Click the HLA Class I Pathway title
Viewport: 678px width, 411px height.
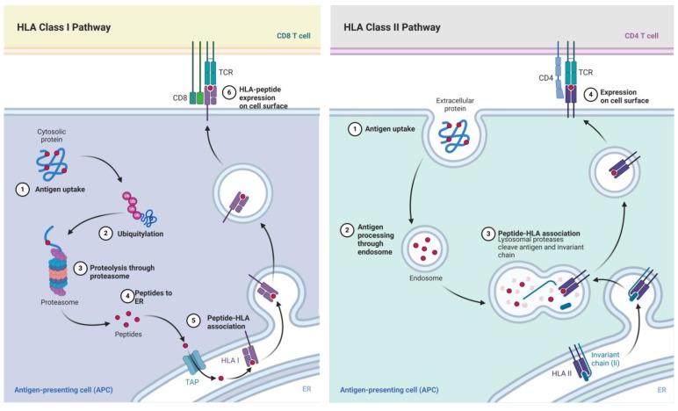coord(64,27)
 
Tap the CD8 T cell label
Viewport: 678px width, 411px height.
coord(300,34)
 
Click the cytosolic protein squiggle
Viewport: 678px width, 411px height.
coord(54,163)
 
